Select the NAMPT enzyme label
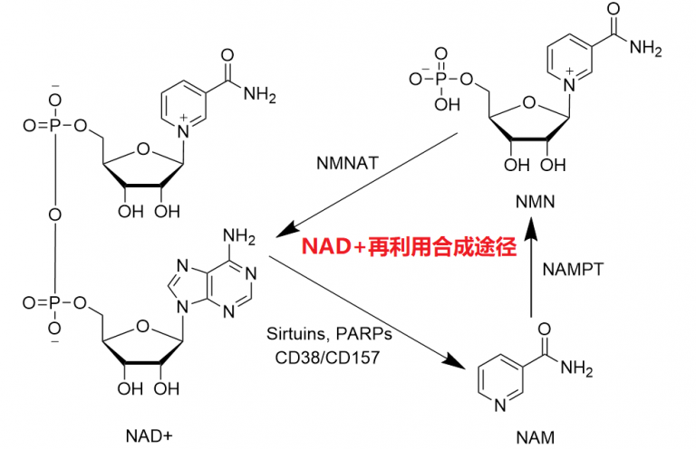pos(573,269)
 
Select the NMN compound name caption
pos(535,199)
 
